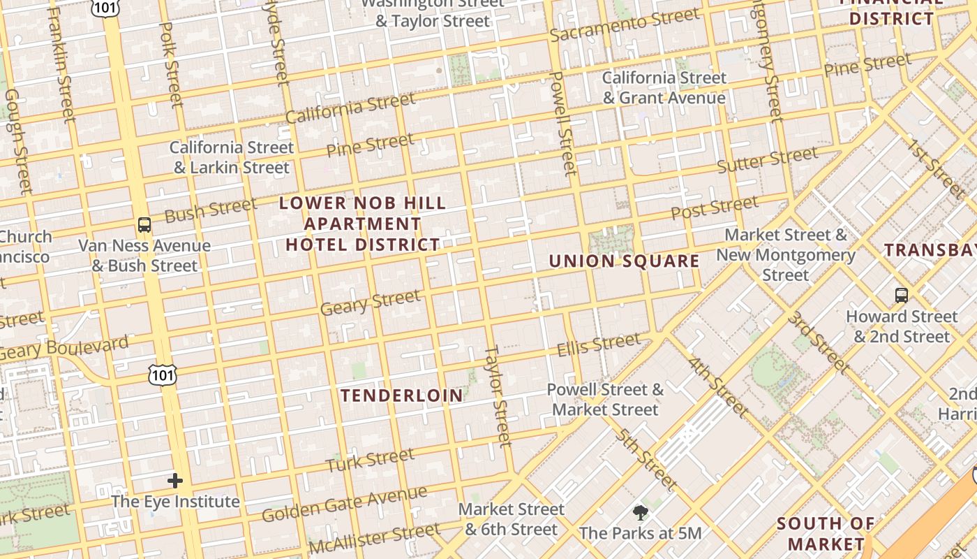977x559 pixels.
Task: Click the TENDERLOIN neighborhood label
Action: tap(402, 395)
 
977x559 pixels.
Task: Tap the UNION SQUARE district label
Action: tap(624, 261)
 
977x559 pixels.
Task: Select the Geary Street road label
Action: tap(371, 303)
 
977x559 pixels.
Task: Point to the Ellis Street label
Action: tap(598, 344)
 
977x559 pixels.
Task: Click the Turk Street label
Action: tap(370, 460)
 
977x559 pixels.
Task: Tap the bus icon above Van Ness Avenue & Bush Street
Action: tap(144, 225)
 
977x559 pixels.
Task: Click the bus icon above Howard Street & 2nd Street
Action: tap(902, 296)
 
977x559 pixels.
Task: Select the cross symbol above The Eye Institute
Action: tap(175, 481)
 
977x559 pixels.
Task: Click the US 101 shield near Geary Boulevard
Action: tap(162, 375)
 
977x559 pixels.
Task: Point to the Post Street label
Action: tap(714, 208)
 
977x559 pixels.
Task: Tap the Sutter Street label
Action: tap(767, 160)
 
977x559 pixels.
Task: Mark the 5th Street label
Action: tap(646, 458)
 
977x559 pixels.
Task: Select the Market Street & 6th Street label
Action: tap(512, 519)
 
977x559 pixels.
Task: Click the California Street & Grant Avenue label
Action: tap(664, 87)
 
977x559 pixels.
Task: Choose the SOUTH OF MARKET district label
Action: tap(826, 533)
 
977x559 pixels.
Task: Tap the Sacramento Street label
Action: tap(614, 26)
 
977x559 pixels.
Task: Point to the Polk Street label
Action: tap(172, 64)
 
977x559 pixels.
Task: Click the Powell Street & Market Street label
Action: tap(605, 399)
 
